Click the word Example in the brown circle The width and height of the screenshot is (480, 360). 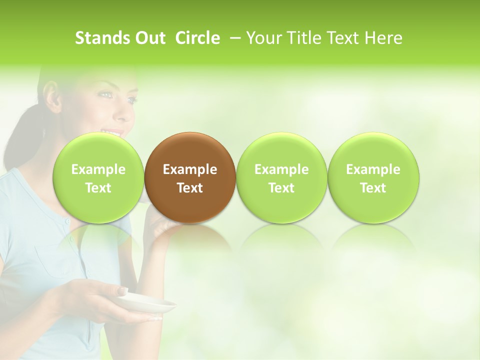190,169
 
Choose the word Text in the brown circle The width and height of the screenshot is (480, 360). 190,188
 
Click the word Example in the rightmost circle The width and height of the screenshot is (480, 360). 373,169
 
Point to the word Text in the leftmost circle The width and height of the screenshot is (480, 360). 98,188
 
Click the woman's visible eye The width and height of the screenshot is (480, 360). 131,99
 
